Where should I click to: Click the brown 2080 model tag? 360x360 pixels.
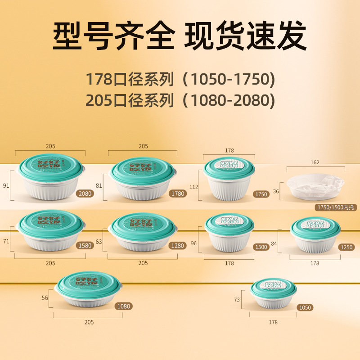pyautogui.click(x=85, y=194)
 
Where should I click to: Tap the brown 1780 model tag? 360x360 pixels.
pyautogui.click(x=177, y=194)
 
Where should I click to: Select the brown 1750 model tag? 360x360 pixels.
pyautogui.click(x=261, y=194)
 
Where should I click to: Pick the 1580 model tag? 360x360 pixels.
pyautogui.click(x=85, y=246)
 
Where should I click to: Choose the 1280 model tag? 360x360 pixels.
pyautogui.click(x=177, y=246)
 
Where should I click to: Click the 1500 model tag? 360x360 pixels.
pyautogui.click(x=261, y=247)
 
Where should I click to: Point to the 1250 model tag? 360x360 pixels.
pyautogui.click(x=347, y=247)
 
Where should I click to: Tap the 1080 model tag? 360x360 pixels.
pyautogui.click(x=123, y=306)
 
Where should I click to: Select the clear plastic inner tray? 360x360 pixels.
pyautogui.click(x=315, y=187)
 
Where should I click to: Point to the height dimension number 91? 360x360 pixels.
pyautogui.click(x=6, y=185)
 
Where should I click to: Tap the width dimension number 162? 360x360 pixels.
pyautogui.click(x=315, y=162)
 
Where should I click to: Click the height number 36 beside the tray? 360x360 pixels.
pyautogui.click(x=276, y=191)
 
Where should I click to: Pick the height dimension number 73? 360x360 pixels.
pyautogui.click(x=237, y=300)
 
